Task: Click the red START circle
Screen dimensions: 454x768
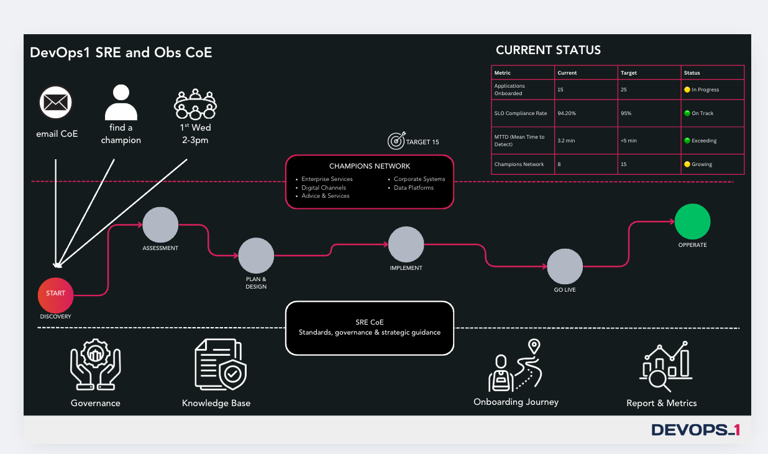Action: pyautogui.click(x=55, y=295)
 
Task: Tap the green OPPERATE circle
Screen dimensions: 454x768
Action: pyautogui.click(x=692, y=221)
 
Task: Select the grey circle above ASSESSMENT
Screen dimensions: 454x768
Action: pyautogui.click(x=160, y=225)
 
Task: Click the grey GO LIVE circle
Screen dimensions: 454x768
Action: pyautogui.click(x=565, y=266)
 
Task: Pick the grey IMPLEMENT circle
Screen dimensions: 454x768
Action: pyautogui.click(x=406, y=244)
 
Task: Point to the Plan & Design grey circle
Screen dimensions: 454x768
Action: pyautogui.click(x=256, y=256)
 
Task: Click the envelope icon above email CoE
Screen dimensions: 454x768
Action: pyautogui.click(x=56, y=103)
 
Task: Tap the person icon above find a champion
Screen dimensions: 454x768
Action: pyautogui.click(x=121, y=103)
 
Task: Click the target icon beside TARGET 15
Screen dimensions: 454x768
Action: pyautogui.click(x=396, y=141)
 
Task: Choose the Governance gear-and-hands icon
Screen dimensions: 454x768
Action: pyautogui.click(x=95, y=364)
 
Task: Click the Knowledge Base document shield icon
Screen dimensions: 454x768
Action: pyautogui.click(x=220, y=364)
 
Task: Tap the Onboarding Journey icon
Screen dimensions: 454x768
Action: pyautogui.click(x=516, y=366)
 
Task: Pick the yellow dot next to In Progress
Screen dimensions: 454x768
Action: pyautogui.click(x=687, y=90)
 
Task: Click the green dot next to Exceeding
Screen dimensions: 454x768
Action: pyautogui.click(x=687, y=141)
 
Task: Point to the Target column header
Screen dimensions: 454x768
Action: pyautogui.click(x=629, y=73)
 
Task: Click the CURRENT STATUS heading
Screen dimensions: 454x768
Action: pyautogui.click(x=548, y=50)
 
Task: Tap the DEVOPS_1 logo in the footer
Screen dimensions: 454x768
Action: pyautogui.click(x=695, y=429)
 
